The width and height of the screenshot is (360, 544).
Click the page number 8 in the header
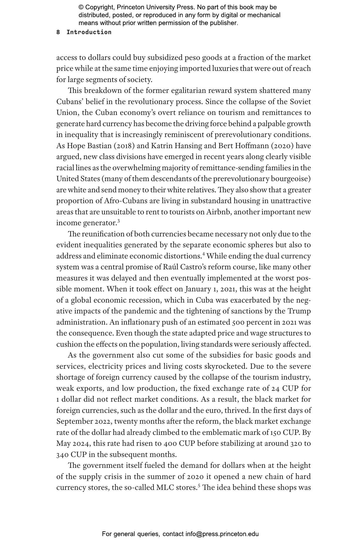pyautogui.click(x=58, y=32)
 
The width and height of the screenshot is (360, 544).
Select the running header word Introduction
pyautogui.click(x=89, y=32)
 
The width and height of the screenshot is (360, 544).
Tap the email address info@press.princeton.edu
pyautogui.click(x=222, y=534)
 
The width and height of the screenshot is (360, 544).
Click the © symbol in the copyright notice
pyautogui.click(x=81, y=7)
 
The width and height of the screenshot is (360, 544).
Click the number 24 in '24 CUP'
pyautogui.click(x=275, y=388)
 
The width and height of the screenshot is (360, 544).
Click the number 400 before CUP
pyautogui.click(x=170, y=443)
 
